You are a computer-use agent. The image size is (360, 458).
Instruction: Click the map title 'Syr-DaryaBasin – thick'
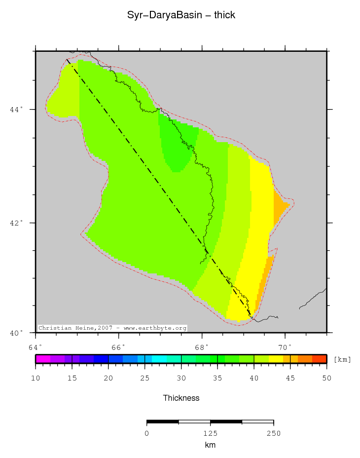(x=181, y=15)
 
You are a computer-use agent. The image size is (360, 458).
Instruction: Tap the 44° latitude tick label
(x=16, y=110)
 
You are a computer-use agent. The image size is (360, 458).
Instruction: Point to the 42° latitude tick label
(x=16, y=223)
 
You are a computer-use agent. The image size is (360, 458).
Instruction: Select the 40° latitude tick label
(x=16, y=333)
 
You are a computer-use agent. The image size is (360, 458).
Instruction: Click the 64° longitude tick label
(x=36, y=346)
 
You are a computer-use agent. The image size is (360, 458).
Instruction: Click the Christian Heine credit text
(x=112, y=328)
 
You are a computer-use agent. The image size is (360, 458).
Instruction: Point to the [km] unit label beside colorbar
(x=342, y=359)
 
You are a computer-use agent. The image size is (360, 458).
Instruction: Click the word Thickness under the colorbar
(x=181, y=398)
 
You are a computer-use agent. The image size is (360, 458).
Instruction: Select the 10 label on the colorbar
(x=36, y=378)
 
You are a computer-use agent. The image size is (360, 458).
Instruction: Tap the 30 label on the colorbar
(x=181, y=378)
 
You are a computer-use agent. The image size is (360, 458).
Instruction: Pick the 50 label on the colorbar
(x=326, y=378)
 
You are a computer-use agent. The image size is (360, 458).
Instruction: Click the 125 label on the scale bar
(x=210, y=433)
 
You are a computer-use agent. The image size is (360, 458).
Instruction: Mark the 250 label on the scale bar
(x=273, y=433)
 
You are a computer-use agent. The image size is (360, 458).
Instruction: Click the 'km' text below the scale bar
(x=210, y=445)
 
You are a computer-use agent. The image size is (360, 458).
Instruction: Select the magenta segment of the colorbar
(x=43, y=359)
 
